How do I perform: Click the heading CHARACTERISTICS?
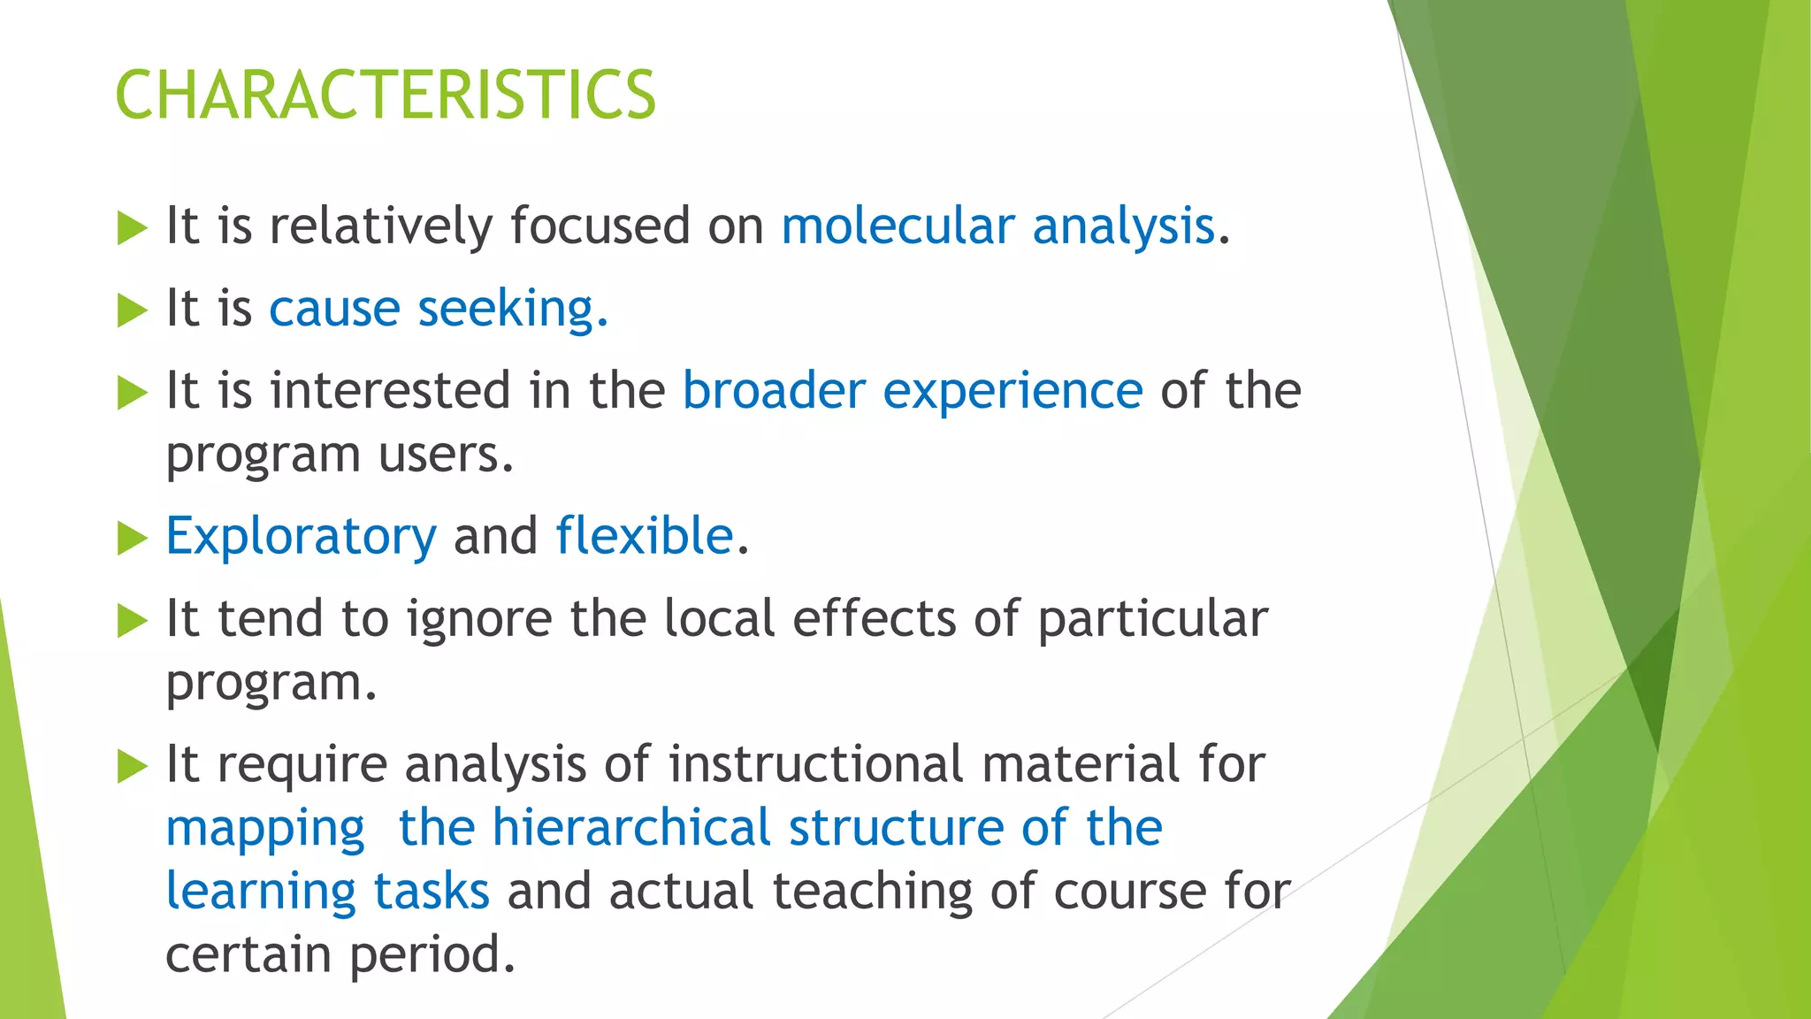386,96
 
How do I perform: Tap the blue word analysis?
1123,226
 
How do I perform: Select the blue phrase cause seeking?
439,310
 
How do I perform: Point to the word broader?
774,391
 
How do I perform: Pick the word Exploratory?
301,537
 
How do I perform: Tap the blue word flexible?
645,536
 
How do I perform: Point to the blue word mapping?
265,830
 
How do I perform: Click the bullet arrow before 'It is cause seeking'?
132,310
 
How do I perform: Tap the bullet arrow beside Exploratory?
132,538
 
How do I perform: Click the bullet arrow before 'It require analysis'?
132,766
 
